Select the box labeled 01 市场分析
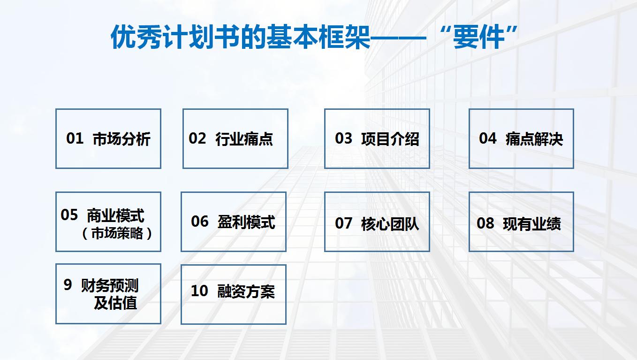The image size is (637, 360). [108, 138]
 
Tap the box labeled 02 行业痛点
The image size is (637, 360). [235, 138]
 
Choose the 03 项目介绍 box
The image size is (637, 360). [377, 138]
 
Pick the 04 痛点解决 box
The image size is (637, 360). [521, 138]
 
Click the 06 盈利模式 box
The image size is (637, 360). [234, 222]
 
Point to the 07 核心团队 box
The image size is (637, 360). [377, 222]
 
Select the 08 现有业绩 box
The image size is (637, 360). [521, 222]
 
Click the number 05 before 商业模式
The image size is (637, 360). [69, 215]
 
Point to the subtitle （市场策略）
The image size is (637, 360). [117, 233]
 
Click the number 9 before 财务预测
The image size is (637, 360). [68, 284]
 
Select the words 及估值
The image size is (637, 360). [115, 303]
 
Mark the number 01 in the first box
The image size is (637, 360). [75, 138]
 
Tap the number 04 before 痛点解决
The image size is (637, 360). [487, 138]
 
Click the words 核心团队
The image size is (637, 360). [390, 224]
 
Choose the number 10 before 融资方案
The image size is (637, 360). [199, 291]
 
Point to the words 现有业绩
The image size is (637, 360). [531, 224]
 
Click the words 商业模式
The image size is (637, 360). [115, 216]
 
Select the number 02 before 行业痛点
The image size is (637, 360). [197, 138]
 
